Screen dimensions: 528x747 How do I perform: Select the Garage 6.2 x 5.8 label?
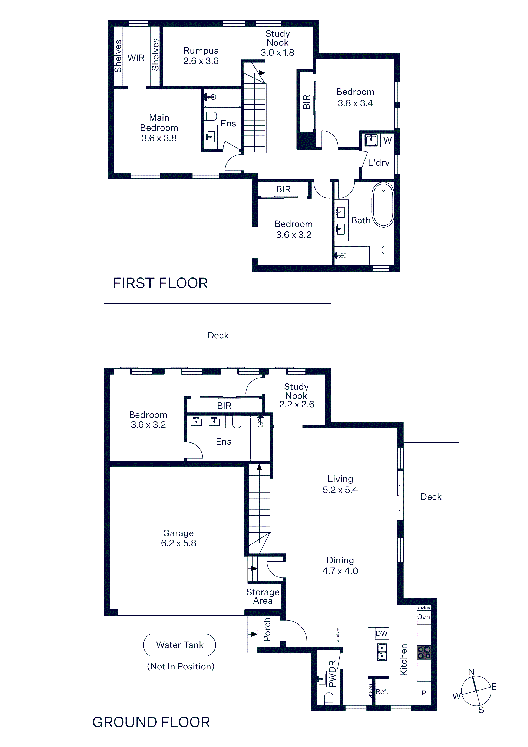[x=179, y=538]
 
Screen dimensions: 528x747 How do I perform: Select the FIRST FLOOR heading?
[x=160, y=283]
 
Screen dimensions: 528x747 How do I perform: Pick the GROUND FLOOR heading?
[x=151, y=722]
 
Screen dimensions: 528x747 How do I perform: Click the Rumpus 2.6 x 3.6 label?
[x=201, y=56]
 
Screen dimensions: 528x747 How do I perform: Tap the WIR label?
[x=136, y=58]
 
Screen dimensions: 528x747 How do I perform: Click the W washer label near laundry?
[x=387, y=140]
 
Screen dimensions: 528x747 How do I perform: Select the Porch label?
[x=267, y=629]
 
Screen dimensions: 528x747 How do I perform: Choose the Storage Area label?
[x=263, y=596]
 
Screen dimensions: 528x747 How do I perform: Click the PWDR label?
[x=332, y=674]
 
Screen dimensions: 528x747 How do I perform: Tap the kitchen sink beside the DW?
[x=382, y=652]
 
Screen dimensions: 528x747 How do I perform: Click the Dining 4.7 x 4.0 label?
[x=340, y=565]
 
